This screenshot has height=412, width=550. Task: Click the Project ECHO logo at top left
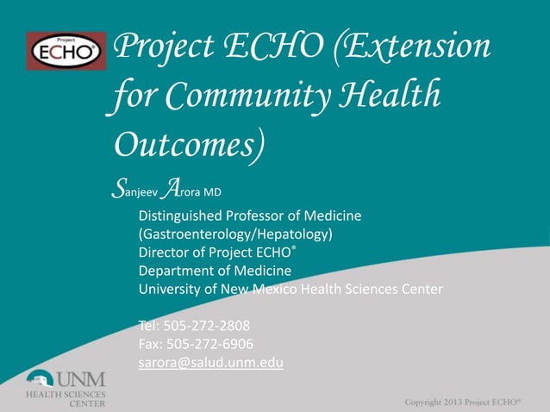point(66,50)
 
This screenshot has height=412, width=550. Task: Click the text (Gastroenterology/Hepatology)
point(235,234)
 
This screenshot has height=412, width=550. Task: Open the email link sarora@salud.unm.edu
point(210,363)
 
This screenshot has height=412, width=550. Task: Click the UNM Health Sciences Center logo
point(64,386)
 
